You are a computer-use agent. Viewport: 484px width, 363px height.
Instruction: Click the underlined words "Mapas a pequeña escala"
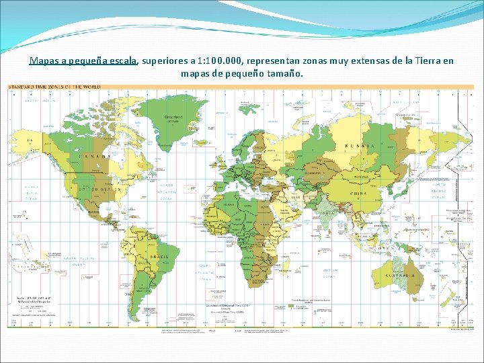[83, 61]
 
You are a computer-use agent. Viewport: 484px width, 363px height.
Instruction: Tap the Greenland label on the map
[174, 116]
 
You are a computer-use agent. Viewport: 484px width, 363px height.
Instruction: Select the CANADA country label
[95, 157]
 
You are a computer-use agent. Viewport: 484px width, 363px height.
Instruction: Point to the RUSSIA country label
[359, 146]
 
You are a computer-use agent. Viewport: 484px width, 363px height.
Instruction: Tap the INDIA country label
[325, 214]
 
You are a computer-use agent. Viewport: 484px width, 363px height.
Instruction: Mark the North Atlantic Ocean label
[166, 192]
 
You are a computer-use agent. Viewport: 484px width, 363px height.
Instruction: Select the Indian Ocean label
[329, 271]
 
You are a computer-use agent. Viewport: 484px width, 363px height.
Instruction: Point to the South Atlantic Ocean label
[205, 271]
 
